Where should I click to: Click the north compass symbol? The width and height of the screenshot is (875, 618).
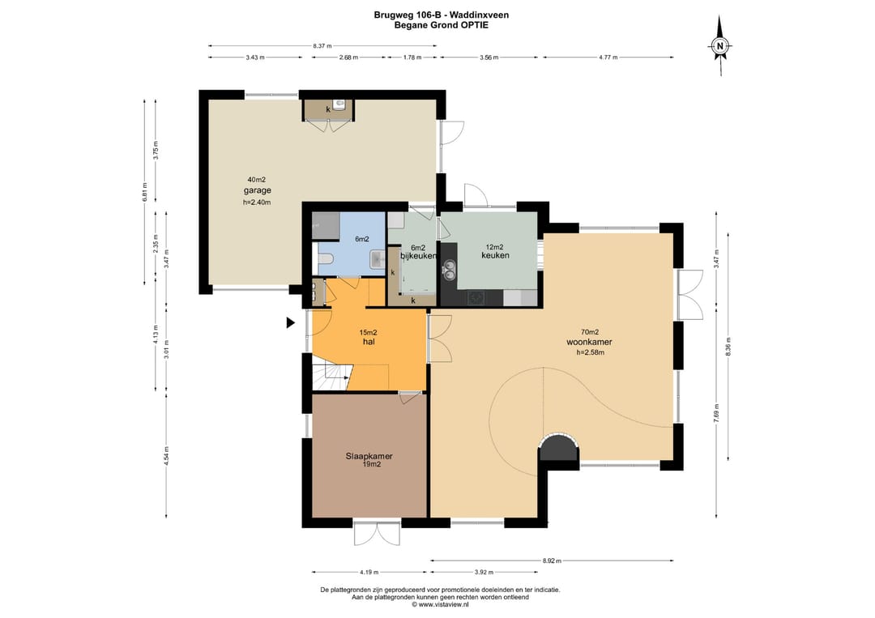[720, 46]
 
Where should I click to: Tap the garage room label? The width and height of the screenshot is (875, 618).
[257, 190]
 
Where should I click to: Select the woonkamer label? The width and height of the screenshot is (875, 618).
[589, 342]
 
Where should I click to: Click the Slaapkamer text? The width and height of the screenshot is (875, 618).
[369, 456]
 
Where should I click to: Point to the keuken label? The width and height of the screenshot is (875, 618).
[495, 255]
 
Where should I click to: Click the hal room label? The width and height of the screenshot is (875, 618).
[369, 341]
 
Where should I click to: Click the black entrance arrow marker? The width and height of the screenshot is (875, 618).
[290, 322]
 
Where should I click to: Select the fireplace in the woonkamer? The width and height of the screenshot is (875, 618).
[559, 447]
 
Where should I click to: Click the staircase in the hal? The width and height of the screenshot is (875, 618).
[331, 377]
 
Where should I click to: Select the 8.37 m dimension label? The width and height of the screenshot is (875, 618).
[322, 45]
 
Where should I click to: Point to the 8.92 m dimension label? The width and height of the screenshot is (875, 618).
[552, 560]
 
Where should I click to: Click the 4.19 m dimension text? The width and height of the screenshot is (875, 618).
[369, 572]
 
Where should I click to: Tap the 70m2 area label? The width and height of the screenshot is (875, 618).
[590, 332]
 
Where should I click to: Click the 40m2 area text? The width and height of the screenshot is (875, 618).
[257, 180]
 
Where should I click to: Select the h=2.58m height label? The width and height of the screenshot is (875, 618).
[590, 352]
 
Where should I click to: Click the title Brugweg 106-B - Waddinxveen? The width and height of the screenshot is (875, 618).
[441, 15]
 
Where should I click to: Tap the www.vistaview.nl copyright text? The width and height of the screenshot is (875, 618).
[440, 604]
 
